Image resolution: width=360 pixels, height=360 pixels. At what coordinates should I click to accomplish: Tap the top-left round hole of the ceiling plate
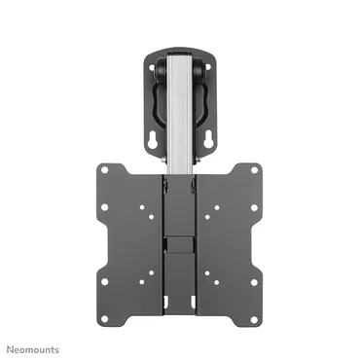pyautogui.click(x=153, y=68)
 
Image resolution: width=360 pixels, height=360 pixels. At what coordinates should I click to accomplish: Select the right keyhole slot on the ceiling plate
pyautogui.click(x=209, y=139)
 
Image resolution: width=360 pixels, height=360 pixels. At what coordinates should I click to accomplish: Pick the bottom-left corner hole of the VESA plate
pyautogui.click(x=104, y=282)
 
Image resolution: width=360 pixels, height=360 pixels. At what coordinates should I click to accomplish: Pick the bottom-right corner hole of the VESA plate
pyautogui.click(x=254, y=282)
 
